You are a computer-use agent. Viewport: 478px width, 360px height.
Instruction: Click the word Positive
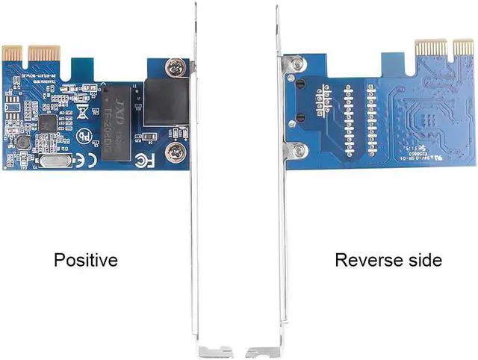86,260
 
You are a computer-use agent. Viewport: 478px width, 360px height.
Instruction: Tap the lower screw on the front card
176,153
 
